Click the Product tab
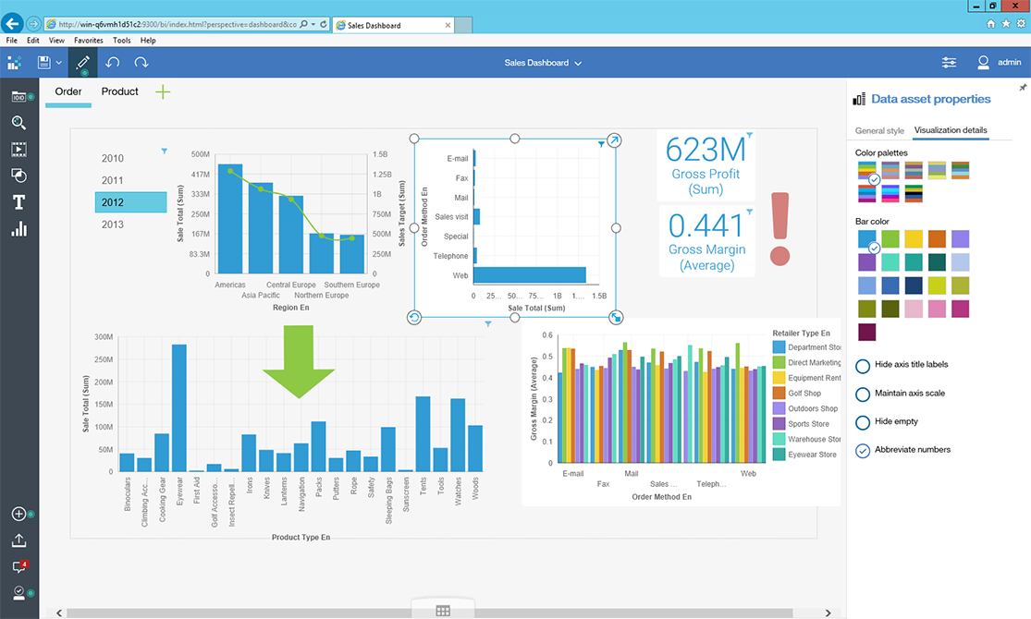[x=120, y=91]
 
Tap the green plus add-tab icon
[x=163, y=91]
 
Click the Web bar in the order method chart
[x=530, y=274]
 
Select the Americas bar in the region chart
[x=230, y=219]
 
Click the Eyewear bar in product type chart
[x=178, y=407]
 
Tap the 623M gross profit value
[x=705, y=150]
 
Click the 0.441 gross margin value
[x=706, y=226]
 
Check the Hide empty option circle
[x=863, y=422]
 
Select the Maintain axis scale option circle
[x=863, y=394]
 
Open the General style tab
[x=879, y=131]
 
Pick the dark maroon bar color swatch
[x=866, y=332]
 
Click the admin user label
[x=1009, y=63]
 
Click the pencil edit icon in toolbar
[x=82, y=63]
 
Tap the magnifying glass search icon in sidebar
[x=18, y=123]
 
